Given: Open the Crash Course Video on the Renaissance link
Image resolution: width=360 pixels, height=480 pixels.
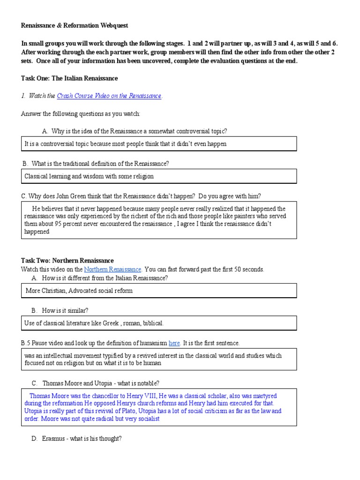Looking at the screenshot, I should pos(109,96).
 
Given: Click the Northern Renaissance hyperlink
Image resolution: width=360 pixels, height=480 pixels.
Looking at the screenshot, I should pos(112,270).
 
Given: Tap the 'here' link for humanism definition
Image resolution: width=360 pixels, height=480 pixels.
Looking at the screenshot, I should pos(174,343).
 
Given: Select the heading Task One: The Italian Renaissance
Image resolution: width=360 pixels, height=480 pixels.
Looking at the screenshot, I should pos(69,78).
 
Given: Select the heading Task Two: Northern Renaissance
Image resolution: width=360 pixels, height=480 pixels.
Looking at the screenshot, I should pos(67,261).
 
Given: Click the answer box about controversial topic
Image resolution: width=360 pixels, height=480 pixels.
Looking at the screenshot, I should pos(159,144).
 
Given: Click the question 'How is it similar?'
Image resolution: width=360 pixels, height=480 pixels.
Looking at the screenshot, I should pos(65,310).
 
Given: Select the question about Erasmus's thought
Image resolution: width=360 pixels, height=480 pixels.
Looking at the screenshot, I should pos(82,439).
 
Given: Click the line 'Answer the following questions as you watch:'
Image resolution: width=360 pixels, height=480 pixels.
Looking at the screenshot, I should pos(81,114).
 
